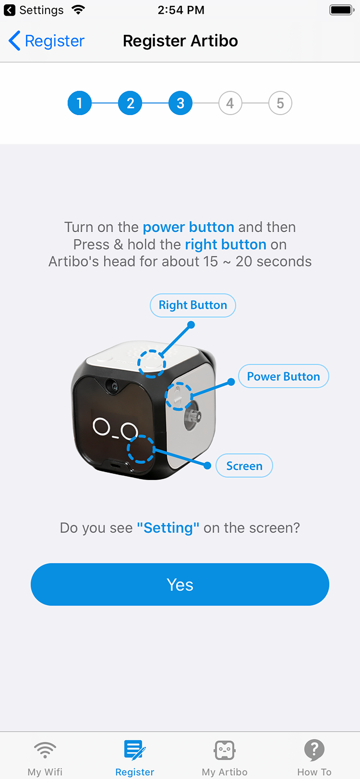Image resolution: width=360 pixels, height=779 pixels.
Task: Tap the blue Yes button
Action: tap(180, 584)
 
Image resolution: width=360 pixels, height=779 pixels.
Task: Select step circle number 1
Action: tap(79, 103)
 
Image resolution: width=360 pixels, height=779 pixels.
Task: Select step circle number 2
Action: tap(130, 103)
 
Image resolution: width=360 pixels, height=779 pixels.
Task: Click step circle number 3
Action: tap(180, 103)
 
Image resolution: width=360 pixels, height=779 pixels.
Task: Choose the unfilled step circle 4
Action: tap(230, 103)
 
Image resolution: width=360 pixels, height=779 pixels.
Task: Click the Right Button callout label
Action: tap(193, 305)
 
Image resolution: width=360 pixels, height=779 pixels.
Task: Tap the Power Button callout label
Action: tap(283, 376)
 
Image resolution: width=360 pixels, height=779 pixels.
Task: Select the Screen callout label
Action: tap(244, 466)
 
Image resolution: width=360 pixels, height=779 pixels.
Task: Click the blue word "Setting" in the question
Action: tap(168, 528)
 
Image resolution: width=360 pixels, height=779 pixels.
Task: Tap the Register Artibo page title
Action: tap(180, 41)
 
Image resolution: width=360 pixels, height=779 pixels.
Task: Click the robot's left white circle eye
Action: tap(101, 426)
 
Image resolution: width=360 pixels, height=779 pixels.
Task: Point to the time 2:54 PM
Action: tap(181, 10)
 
